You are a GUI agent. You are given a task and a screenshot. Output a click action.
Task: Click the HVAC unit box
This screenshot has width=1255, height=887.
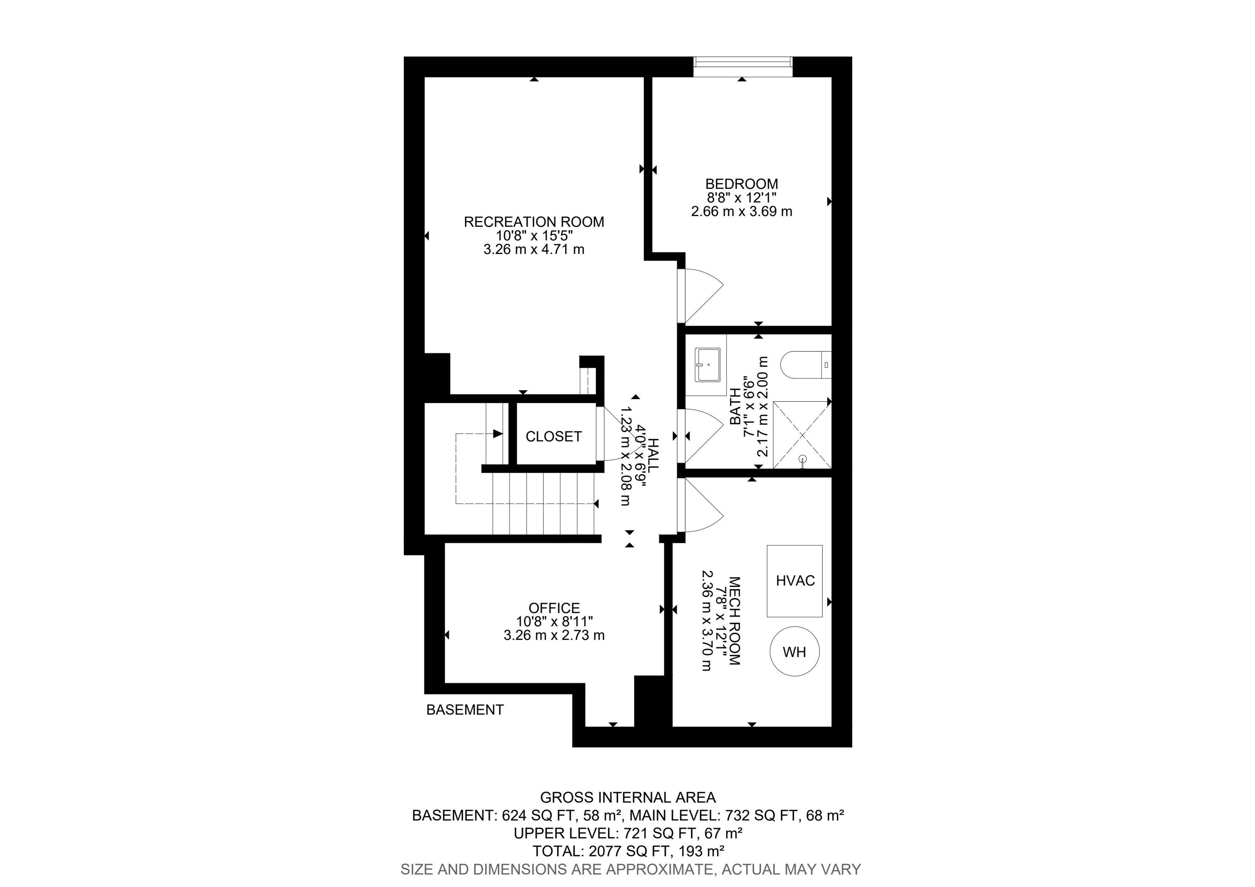(x=794, y=581)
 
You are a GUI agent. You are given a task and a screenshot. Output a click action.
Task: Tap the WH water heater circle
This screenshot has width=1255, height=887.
(x=794, y=652)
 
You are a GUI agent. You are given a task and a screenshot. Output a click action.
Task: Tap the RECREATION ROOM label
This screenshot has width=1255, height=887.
(x=534, y=222)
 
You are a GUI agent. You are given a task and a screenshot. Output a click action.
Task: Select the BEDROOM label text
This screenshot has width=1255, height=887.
(x=742, y=184)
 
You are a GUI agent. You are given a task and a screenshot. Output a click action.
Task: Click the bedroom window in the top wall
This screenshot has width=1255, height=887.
(x=743, y=67)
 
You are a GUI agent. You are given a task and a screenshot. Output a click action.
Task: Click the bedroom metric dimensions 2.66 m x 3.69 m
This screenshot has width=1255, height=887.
(x=742, y=212)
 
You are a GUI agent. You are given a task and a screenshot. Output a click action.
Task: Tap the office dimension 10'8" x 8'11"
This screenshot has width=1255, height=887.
(x=554, y=621)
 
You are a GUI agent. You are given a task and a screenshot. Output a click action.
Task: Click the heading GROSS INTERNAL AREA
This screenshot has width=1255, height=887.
(x=628, y=798)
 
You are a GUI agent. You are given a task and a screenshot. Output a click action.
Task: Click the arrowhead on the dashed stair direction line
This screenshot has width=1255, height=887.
(x=498, y=434)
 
